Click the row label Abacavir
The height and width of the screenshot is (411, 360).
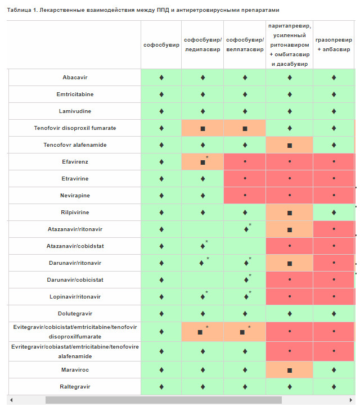tap(75, 77)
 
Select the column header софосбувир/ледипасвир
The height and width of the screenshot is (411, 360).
tap(202, 44)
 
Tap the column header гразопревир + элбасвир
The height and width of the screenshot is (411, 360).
tap(334, 44)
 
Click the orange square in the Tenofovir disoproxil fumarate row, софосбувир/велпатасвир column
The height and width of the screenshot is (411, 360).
tap(245, 128)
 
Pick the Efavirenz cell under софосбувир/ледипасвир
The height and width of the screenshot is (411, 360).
tap(202, 162)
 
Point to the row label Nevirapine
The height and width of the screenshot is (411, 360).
tap(75, 195)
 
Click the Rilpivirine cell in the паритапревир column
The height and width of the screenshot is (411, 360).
tap(290, 213)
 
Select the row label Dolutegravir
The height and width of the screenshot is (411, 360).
tap(75, 313)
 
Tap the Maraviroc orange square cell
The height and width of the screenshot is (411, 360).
tap(290, 370)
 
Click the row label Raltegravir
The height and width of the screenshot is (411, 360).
tap(75, 386)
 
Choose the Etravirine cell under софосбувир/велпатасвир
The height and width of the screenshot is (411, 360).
tap(245, 179)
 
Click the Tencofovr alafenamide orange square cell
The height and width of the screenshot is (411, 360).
tap(290, 145)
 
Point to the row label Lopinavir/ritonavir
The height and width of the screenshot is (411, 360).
tap(75, 296)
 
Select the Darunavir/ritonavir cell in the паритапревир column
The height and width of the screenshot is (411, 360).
tap(290, 263)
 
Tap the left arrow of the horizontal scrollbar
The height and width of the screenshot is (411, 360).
tap(10, 400)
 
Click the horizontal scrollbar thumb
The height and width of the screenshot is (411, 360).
tap(163, 400)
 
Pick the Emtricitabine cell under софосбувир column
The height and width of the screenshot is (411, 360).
tap(161, 94)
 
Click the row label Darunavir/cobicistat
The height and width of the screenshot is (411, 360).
tap(75, 279)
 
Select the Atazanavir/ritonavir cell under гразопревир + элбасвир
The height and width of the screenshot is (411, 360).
tap(334, 229)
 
